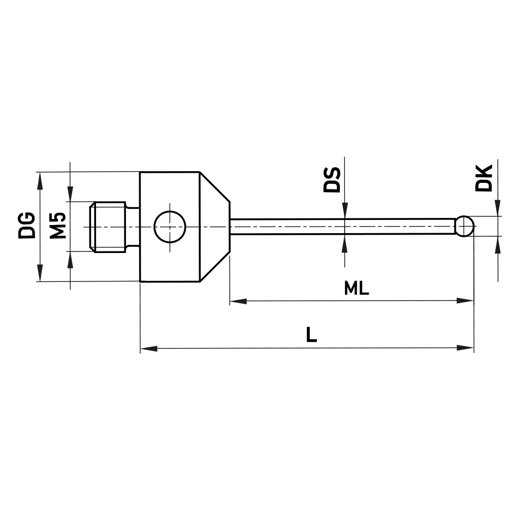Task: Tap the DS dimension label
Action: pyautogui.click(x=332, y=179)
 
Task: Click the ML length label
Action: pyautogui.click(x=356, y=289)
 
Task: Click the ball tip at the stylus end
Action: pyautogui.click(x=465, y=226)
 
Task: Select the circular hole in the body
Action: pyautogui.click(x=171, y=227)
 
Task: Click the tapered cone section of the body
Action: pyautogui.click(x=214, y=227)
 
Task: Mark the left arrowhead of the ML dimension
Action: pyautogui.click(x=238, y=301)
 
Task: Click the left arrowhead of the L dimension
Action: pyautogui.click(x=148, y=348)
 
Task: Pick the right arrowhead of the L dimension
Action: pyautogui.click(x=466, y=348)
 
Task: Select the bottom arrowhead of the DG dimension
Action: pyautogui.click(x=39, y=274)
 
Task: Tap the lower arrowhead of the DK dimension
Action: pyautogui.click(x=496, y=243)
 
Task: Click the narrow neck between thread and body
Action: pyautogui.click(x=132, y=227)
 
